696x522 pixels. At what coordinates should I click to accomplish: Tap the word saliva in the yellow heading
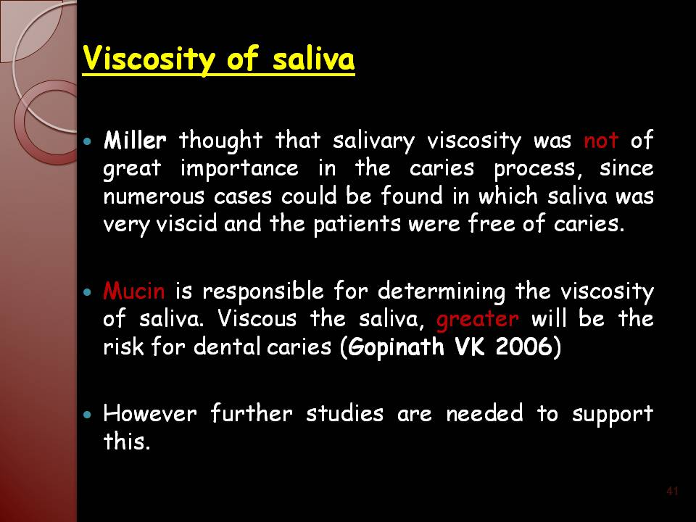click(313, 58)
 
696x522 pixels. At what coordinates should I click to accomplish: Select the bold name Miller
click(135, 140)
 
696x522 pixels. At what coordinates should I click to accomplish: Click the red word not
click(601, 141)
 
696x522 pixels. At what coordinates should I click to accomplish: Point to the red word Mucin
click(134, 291)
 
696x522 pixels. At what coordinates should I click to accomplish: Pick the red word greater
click(478, 320)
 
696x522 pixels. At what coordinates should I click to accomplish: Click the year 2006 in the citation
click(523, 347)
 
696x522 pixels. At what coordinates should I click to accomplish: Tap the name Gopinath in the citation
click(396, 347)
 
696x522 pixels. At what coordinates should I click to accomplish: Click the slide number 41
click(672, 491)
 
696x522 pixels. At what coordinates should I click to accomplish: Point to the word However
click(150, 413)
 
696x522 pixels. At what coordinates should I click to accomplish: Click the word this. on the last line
click(127, 441)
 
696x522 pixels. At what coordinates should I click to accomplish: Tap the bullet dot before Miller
click(88, 141)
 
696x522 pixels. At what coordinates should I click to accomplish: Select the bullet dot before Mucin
click(88, 292)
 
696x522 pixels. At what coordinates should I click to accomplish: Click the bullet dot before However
click(88, 415)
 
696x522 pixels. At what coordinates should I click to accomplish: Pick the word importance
click(240, 169)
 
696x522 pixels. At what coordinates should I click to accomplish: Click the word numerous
click(154, 196)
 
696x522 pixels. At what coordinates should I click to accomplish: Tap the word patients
click(357, 224)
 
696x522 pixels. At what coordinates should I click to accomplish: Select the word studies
click(345, 413)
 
